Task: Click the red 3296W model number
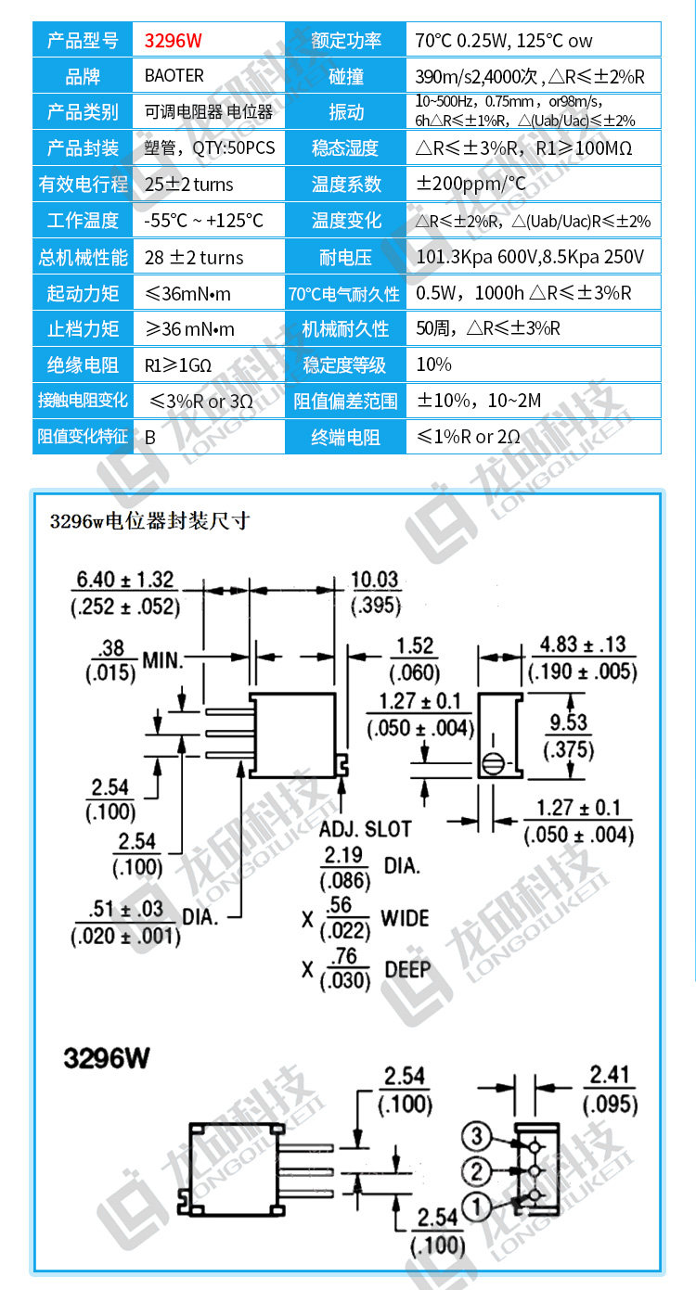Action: pos(174,41)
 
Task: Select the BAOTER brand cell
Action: pos(174,75)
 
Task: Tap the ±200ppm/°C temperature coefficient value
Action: pos(470,184)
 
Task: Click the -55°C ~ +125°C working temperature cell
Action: pos(204,221)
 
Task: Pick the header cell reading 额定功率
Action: pos(346,41)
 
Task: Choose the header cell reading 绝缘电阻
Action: pos(83,364)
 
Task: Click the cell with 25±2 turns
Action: pos(189,184)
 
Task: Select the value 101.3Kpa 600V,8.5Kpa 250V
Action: pos(530,257)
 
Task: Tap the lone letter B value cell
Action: pos(150,437)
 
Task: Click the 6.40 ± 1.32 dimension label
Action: pos(125,581)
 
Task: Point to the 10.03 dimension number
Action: pos(375,581)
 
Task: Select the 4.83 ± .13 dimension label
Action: pos(583,645)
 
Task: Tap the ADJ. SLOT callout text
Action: pos(365,829)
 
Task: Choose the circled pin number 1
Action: pos(475,1207)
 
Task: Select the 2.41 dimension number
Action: pos(611,1077)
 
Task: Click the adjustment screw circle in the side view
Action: pos(493,765)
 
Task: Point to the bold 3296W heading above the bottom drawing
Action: pos(107,1058)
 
